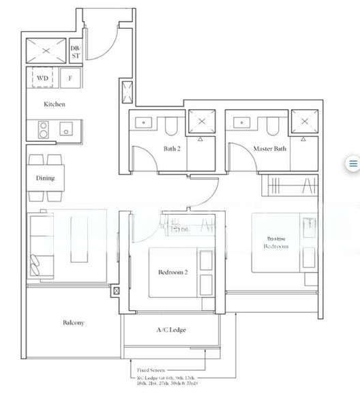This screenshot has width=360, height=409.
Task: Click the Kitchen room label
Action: pos(55,104)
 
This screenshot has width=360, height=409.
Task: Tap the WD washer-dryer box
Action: pos(42,78)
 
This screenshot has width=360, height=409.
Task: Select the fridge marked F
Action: pos(70,78)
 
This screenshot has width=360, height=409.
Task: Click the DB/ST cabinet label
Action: pos(76,51)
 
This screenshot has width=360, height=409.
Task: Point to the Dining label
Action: pos(45,179)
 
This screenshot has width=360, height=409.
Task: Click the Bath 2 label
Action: pos(172,148)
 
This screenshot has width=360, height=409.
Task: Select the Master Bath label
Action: pos(269,148)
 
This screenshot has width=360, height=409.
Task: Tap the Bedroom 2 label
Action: pos(172,272)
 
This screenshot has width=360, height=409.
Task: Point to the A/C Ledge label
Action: pos(171,330)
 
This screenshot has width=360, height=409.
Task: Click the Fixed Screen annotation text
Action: pos(151,369)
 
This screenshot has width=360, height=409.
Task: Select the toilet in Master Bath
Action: pos(272,125)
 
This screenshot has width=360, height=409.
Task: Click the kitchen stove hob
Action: pos(41,128)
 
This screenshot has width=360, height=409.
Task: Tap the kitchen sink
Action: pos(67,128)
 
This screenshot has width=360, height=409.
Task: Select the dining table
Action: pos(45,179)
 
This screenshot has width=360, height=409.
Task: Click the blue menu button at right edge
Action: pos(353,164)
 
